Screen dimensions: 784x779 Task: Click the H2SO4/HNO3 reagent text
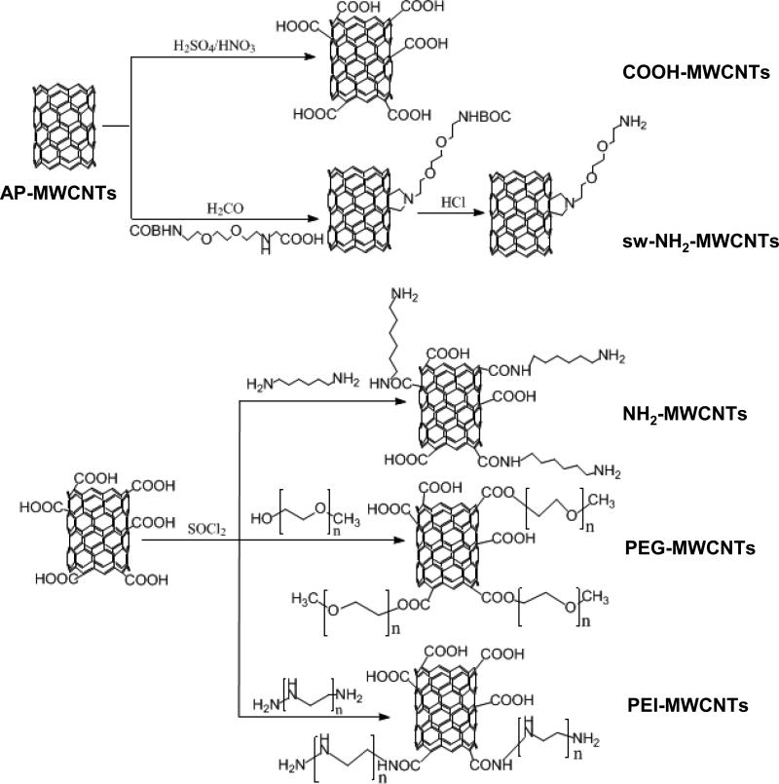pos(211,45)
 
